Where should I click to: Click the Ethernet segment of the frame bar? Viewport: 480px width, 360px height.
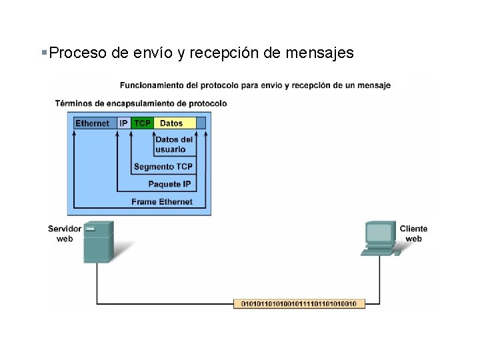pyautogui.click(x=93, y=123)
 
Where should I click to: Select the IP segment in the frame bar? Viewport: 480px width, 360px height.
pyautogui.click(x=123, y=123)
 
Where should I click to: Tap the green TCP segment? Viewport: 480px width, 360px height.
pyautogui.click(x=142, y=123)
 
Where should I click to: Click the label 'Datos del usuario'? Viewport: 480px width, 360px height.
pyautogui.click(x=174, y=145)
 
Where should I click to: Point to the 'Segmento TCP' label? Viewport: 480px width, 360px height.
pyautogui.click(x=163, y=167)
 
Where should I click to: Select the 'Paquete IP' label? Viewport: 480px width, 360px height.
pyautogui.click(x=169, y=184)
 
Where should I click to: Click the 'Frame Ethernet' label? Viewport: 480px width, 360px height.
pyautogui.click(x=162, y=202)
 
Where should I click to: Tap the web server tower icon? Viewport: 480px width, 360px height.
pyautogui.click(x=98, y=241)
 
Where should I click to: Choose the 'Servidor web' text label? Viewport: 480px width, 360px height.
pyautogui.click(x=65, y=233)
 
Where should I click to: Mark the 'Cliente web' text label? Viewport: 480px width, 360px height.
pyautogui.click(x=413, y=233)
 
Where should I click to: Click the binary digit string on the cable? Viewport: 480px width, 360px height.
pyautogui.click(x=299, y=304)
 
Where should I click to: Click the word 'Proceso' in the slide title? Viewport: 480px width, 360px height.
pyautogui.click(x=77, y=53)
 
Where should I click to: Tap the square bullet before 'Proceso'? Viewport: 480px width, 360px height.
pyautogui.click(x=44, y=51)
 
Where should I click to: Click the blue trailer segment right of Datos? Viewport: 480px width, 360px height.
pyautogui.click(x=201, y=123)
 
